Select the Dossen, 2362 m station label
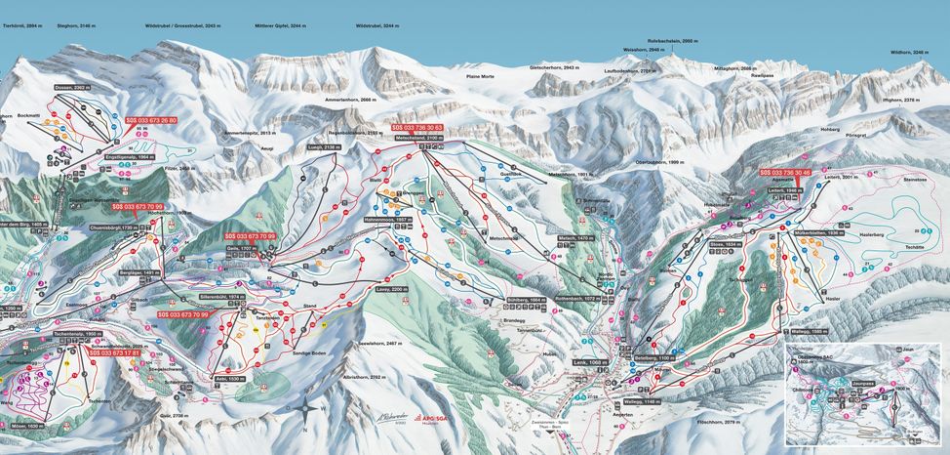coord(74,88)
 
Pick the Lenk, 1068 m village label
coord(591,362)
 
